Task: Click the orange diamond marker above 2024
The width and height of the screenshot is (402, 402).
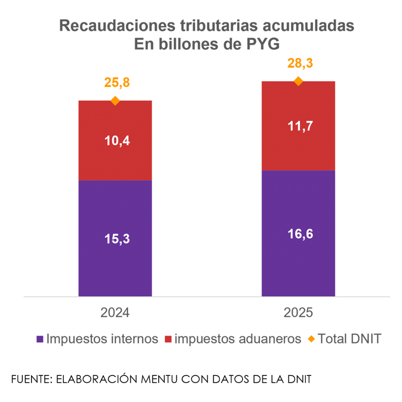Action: [115, 100]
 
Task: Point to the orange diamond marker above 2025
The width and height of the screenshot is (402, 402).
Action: [298, 81]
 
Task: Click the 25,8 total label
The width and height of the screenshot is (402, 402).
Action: [117, 83]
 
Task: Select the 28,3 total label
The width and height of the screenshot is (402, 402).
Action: [300, 63]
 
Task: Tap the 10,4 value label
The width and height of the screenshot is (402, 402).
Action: [117, 141]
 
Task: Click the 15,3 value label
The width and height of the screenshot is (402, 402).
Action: [117, 238]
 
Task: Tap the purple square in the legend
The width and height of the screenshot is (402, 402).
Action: [40, 339]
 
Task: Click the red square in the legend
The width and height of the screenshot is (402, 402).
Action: [168, 339]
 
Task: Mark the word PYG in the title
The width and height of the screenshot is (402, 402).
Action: [262, 45]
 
